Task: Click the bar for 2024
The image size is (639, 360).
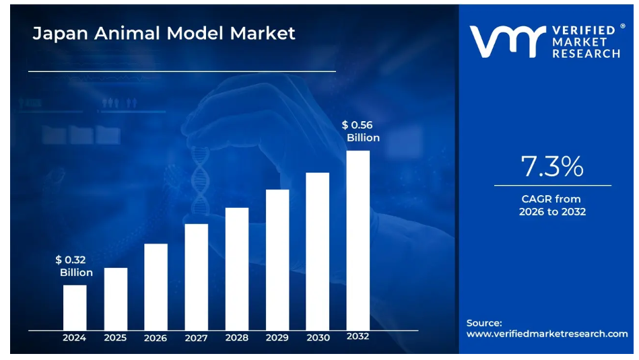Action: [75, 308]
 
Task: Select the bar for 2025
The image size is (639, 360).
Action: [115, 299]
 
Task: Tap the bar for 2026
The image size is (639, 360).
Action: [156, 287]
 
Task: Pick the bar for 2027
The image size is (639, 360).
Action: [196, 277]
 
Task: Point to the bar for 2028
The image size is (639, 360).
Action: [236, 268]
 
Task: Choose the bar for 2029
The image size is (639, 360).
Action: [277, 260]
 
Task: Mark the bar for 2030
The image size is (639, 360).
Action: [317, 251]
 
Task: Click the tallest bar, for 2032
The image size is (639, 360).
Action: [358, 240]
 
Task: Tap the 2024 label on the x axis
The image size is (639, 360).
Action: [75, 338]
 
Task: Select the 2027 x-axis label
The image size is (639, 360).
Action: [196, 338]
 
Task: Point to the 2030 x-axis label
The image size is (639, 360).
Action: [317, 338]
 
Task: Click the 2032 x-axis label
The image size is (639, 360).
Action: [358, 336]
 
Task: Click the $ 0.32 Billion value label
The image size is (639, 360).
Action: [74, 266]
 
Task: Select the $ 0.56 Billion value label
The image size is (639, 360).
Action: [361, 131]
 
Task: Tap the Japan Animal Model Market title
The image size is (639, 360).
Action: [164, 33]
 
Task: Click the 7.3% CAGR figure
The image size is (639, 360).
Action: [552, 166]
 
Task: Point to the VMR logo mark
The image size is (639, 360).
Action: [506, 41]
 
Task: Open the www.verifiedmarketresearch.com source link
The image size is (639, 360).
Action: [547, 334]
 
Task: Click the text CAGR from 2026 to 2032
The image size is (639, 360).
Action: [551, 205]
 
